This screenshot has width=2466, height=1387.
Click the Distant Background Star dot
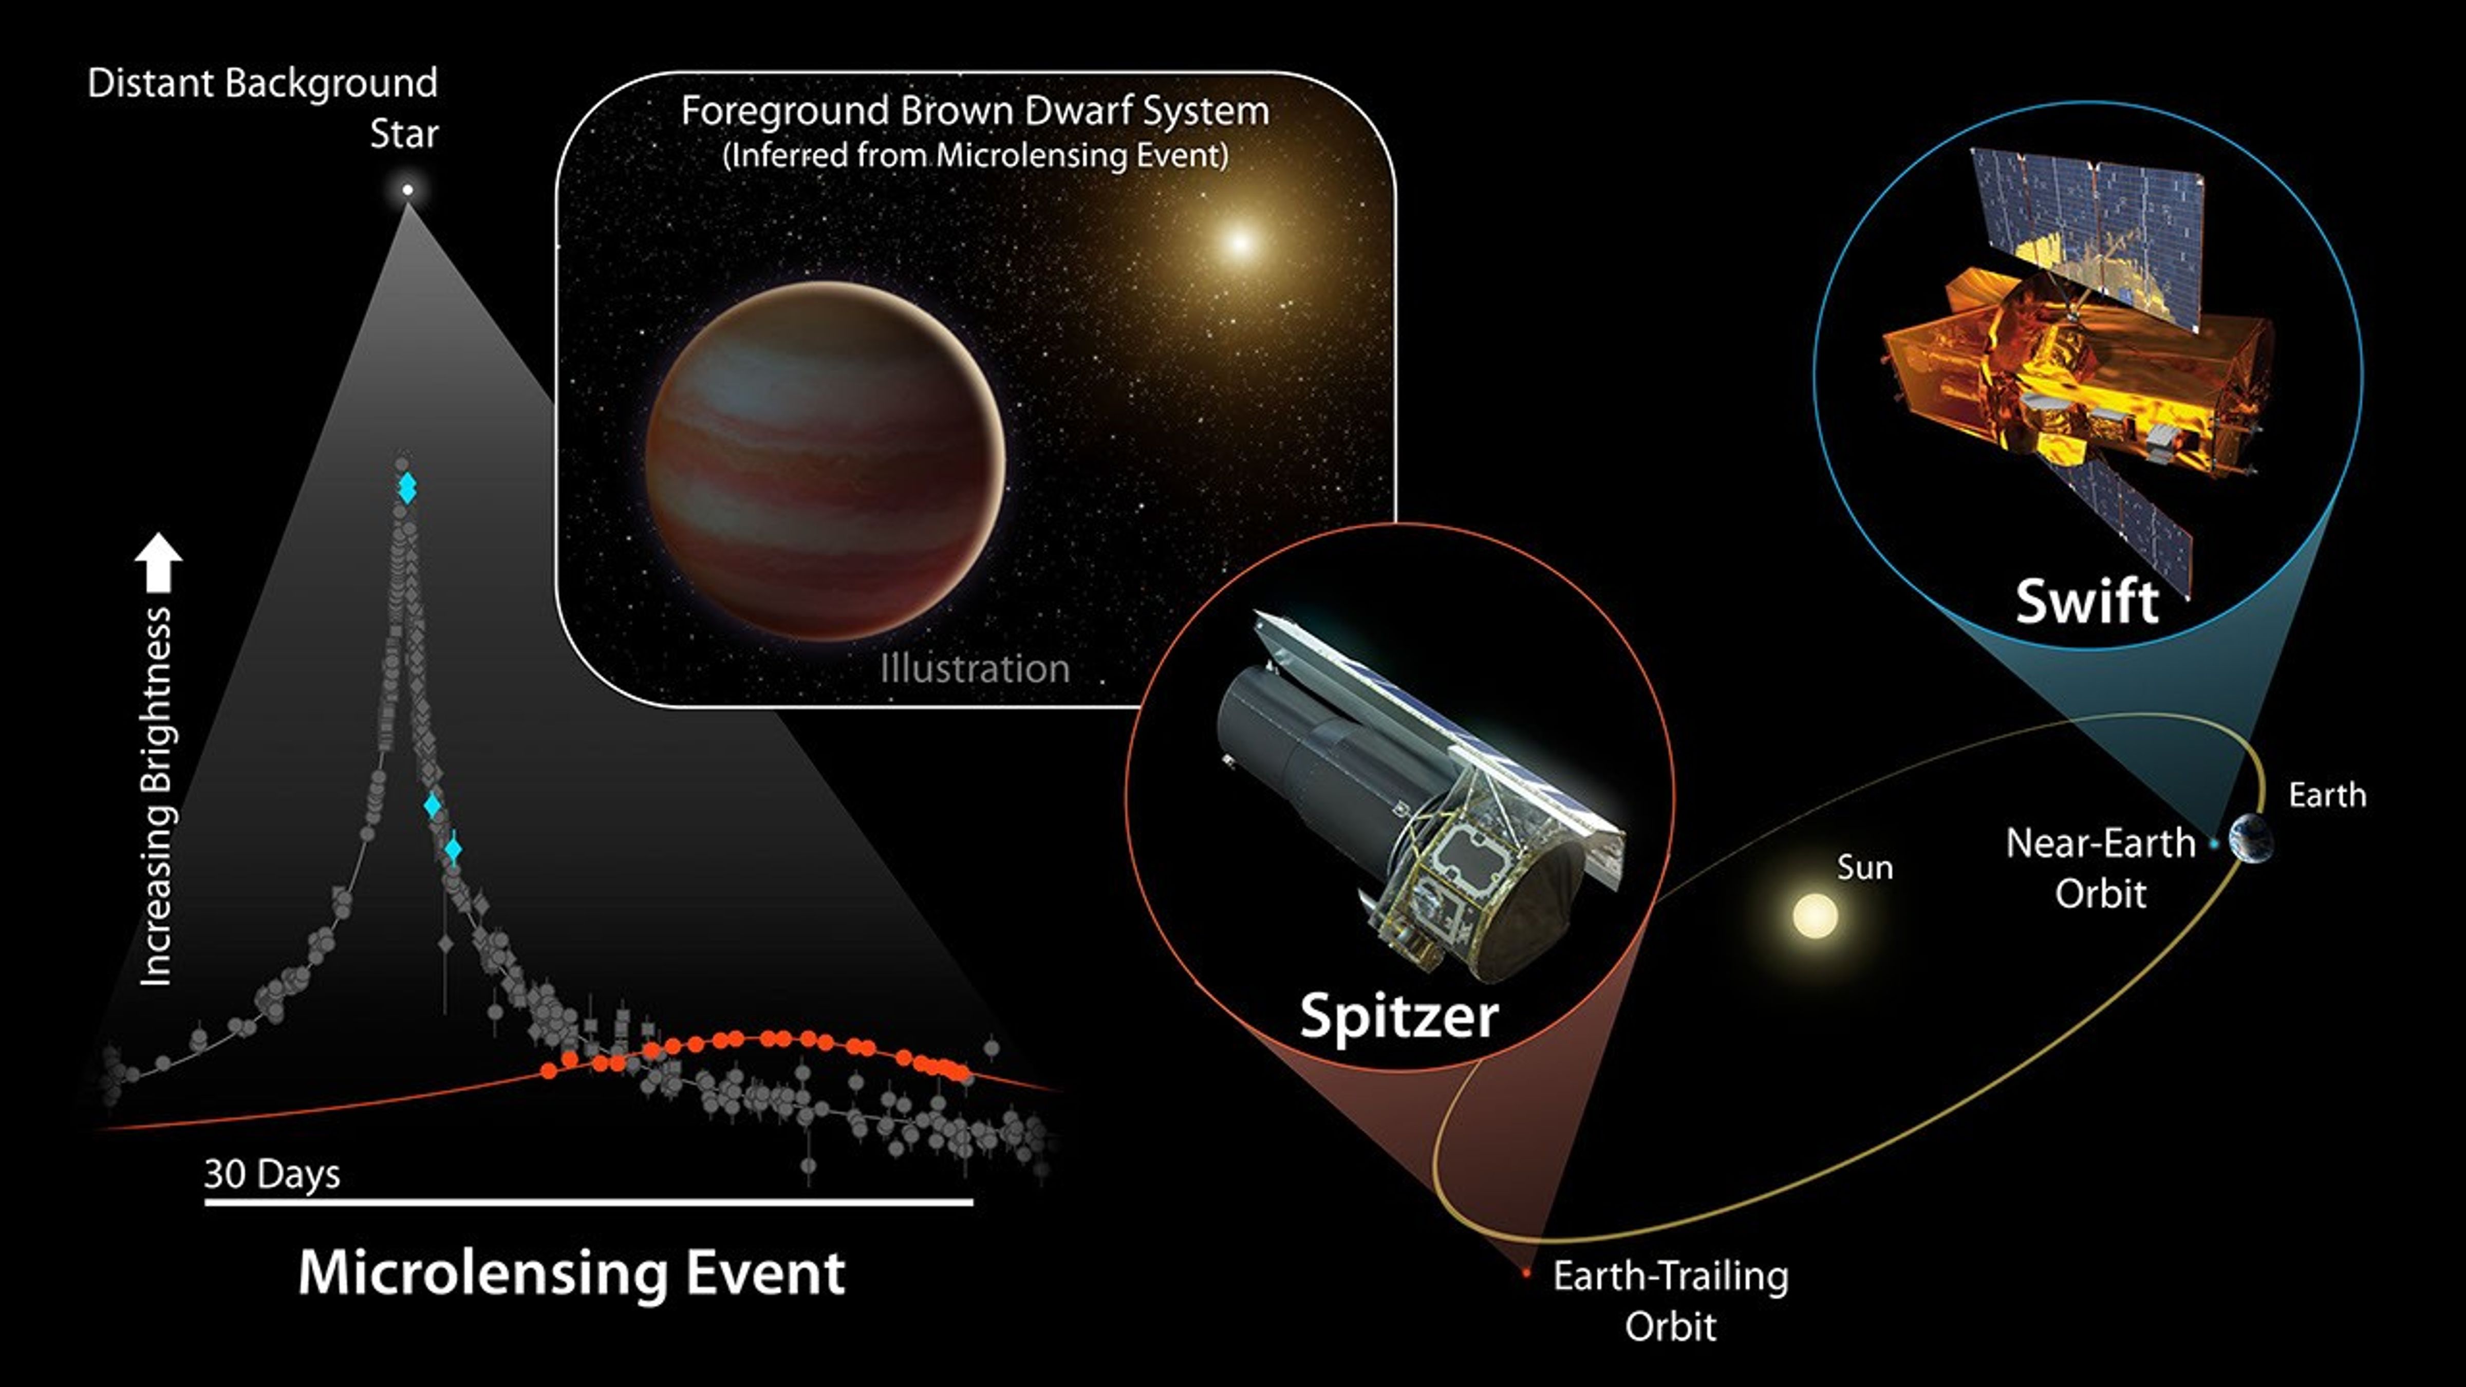[x=408, y=190]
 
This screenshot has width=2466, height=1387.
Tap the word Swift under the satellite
[x=2087, y=601]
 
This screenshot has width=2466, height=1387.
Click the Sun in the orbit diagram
[x=1814, y=915]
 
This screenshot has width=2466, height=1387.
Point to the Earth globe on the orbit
[x=2250, y=839]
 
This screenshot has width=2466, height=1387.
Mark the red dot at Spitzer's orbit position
[x=1526, y=1274]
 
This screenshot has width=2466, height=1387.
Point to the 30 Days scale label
[x=272, y=1173]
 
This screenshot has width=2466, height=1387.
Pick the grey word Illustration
[x=975, y=668]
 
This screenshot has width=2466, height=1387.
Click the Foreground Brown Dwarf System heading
[x=975, y=111]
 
